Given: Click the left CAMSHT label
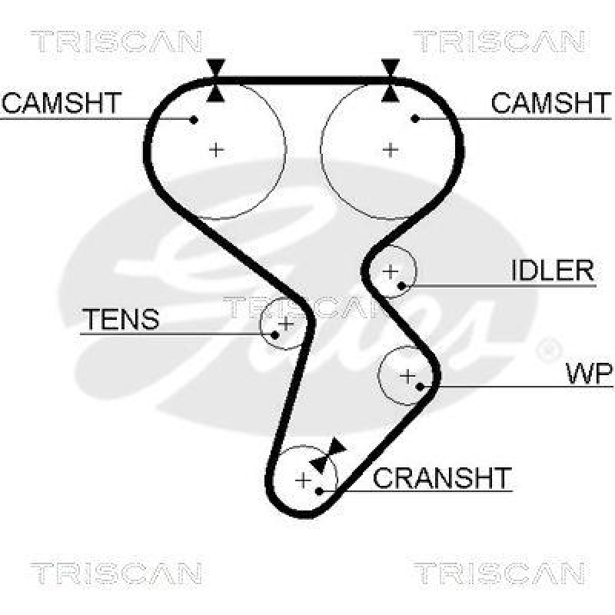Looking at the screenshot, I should coord(61,103).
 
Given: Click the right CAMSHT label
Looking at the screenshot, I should coord(550,103).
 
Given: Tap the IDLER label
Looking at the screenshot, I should coord(553,271).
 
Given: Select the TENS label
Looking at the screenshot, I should coord(121,319).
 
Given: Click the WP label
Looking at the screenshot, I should coord(589,374).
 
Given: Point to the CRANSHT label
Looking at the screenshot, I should coord(441,478).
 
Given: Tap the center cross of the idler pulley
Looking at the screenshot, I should coord(391,271).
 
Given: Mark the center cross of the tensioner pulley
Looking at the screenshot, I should coord(285,324).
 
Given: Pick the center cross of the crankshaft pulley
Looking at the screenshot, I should coord(304,481).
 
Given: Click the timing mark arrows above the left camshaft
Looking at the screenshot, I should coord(216,80).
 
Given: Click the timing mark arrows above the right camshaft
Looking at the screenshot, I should coord(391,80).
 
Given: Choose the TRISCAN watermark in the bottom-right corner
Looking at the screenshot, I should coord(499,573).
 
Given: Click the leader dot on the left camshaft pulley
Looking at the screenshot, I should coord(194,119).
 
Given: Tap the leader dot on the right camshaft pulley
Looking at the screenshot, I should coord(415,118).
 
